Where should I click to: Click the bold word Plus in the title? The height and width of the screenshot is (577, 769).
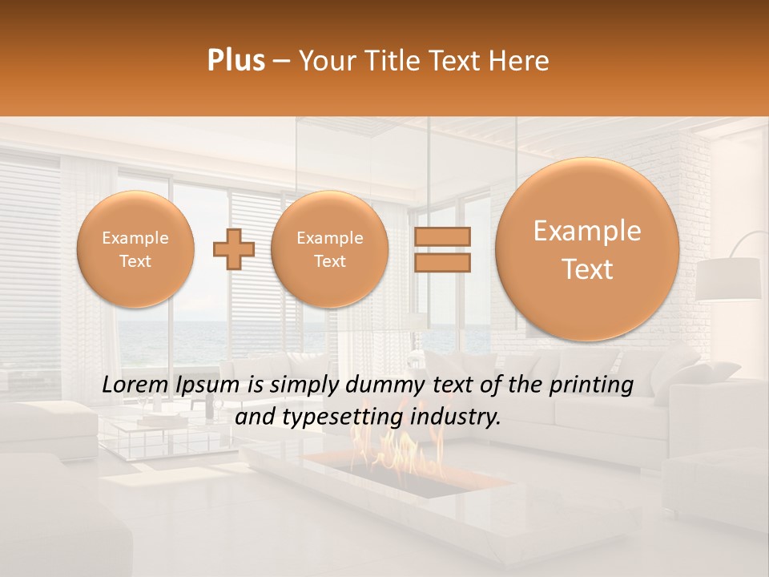tap(236, 61)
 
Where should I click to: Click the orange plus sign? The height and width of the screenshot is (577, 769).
tap(234, 249)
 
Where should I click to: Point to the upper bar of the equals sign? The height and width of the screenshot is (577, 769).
tap(441, 237)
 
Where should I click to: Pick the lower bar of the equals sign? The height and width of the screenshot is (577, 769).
tap(441, 263)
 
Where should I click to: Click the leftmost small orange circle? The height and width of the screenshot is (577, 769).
tap(135, 249)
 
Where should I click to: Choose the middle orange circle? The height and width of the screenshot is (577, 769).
tap(329, 249)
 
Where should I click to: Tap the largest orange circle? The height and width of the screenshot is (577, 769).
tap(587, 249)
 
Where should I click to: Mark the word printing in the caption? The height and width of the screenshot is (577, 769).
tap(593, 385)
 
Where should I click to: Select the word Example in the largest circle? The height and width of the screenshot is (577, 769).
tap(587, 231)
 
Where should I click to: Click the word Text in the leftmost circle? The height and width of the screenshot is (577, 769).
tap(135, 261)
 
